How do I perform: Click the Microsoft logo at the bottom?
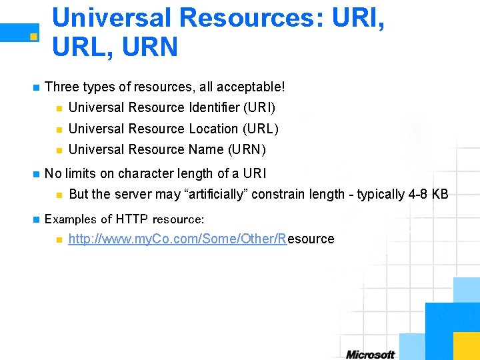[x=370, y=354]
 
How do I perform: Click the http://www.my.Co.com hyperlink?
[x=177, y=239]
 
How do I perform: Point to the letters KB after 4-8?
[x=440, y=194]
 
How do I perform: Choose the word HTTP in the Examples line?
[x=132, y=219]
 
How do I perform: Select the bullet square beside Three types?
[x=35, y=87]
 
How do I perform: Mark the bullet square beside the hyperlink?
[x=59, y=239]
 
